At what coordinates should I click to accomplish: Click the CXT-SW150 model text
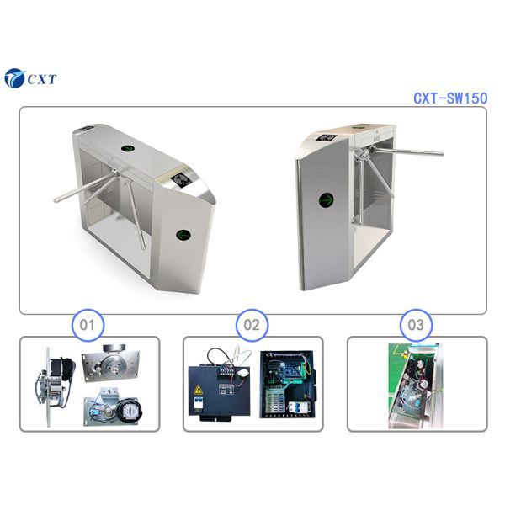449,98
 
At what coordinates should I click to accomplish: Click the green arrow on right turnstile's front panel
327,201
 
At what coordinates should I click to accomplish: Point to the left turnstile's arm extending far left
59,199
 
